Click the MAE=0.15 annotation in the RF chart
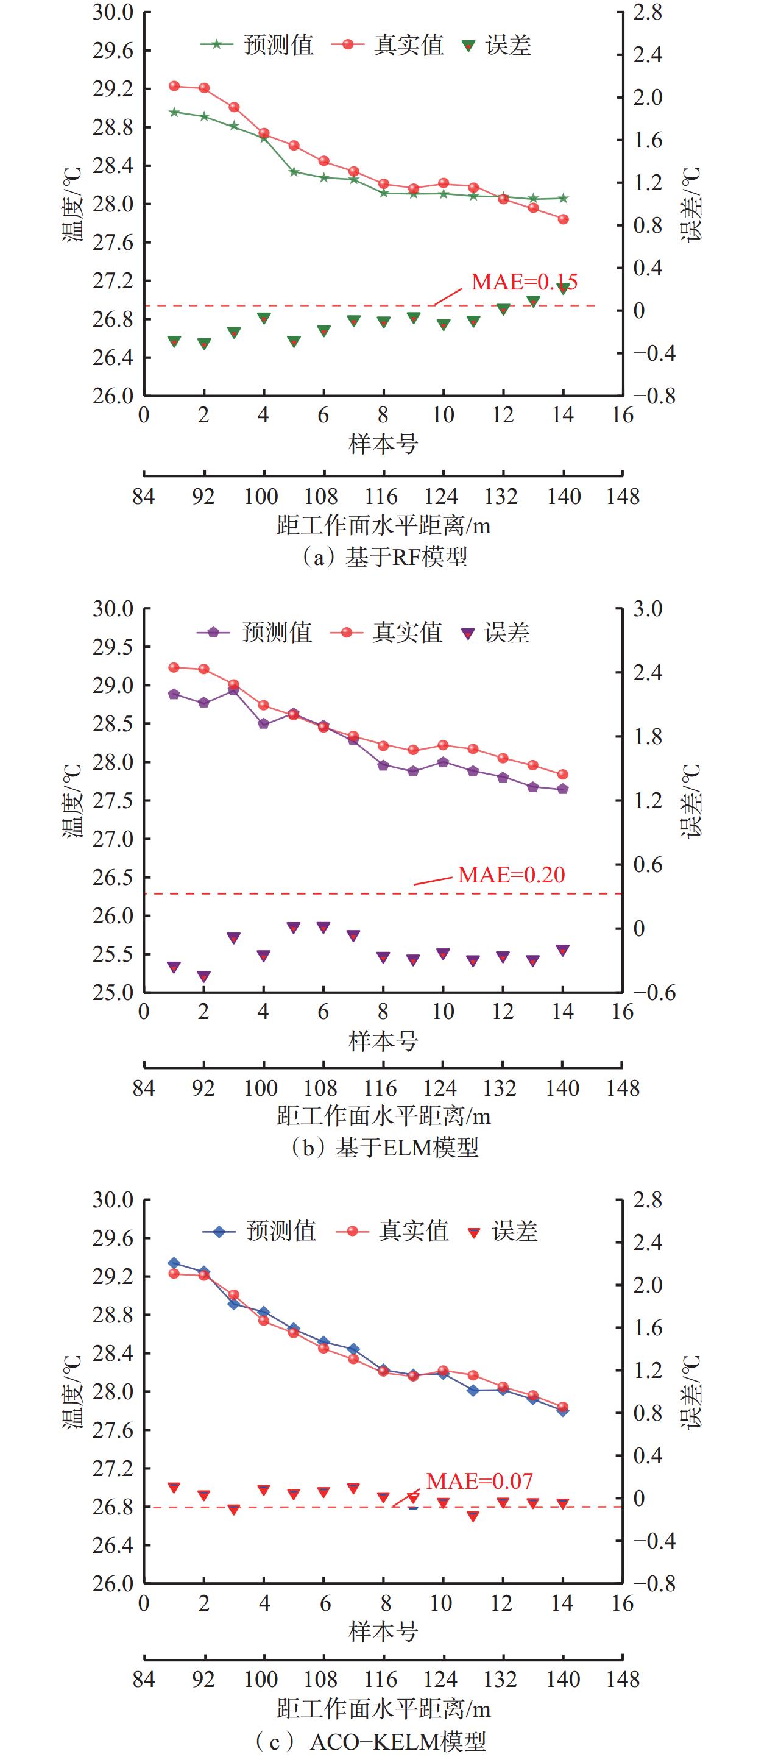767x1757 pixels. (x=523, y=282)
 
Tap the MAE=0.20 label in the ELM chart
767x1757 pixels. (x=511, y=875)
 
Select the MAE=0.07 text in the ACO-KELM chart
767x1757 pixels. (x=479, y=1481)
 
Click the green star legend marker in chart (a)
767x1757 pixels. (x=216, y=44)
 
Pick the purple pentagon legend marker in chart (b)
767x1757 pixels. (x=213, y=632)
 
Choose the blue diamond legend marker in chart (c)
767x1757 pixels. (x=219, y=1231)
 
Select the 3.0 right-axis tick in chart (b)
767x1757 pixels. (x=647, y=608)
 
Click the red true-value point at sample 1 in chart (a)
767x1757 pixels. (x=174, y=86)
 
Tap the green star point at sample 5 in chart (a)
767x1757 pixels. (x=294, y=172)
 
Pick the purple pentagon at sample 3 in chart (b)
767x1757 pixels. (x=234, y=690)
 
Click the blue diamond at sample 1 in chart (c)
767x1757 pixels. (x=174, y=1263)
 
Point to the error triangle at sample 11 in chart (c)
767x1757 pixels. (x=473, y=1516)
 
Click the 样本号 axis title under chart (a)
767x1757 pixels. (x=383, y=445)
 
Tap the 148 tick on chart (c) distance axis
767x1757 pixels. (x=623, y=1679)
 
